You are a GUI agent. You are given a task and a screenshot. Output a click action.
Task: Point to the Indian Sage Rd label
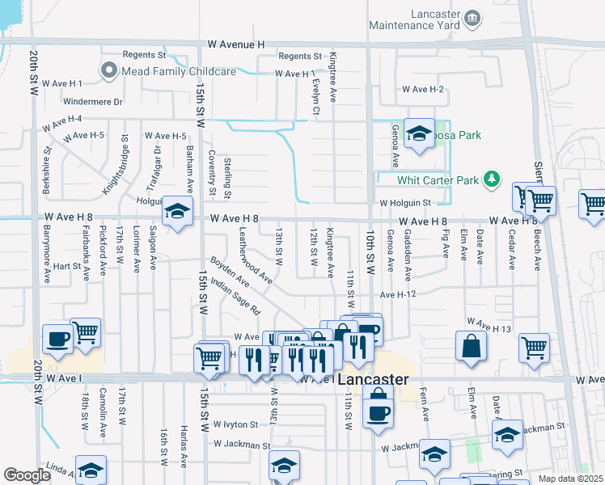pyautogui.click(x=235, y=297)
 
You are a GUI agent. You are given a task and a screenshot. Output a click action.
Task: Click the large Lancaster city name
pyautogui.click(x=373, y=380)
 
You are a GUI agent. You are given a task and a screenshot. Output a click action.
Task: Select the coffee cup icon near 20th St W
pyautogui.click(x=57, y=339)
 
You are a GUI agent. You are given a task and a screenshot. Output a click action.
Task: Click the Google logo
pyautogui.click(x=27, y=474)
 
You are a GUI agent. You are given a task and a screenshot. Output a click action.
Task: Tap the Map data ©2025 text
pyautogui.click(x=570, y=479)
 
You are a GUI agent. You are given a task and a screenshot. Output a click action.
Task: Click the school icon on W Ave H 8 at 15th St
pyautogui.click(x=177, y=212)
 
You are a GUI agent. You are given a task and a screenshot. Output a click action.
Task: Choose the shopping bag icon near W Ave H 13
pyautogui.click(x=471, y=346)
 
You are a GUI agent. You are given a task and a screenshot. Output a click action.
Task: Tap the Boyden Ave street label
pyautogui.click(x=230, y=272)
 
